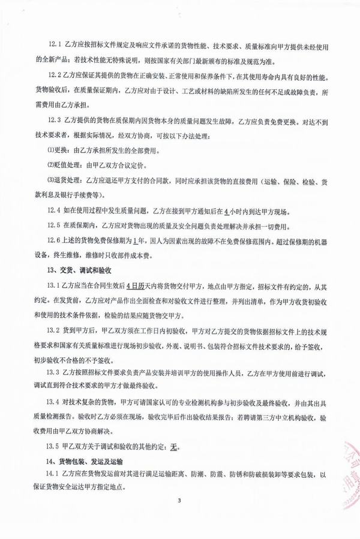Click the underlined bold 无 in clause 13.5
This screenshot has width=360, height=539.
click(x=175, y=446)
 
